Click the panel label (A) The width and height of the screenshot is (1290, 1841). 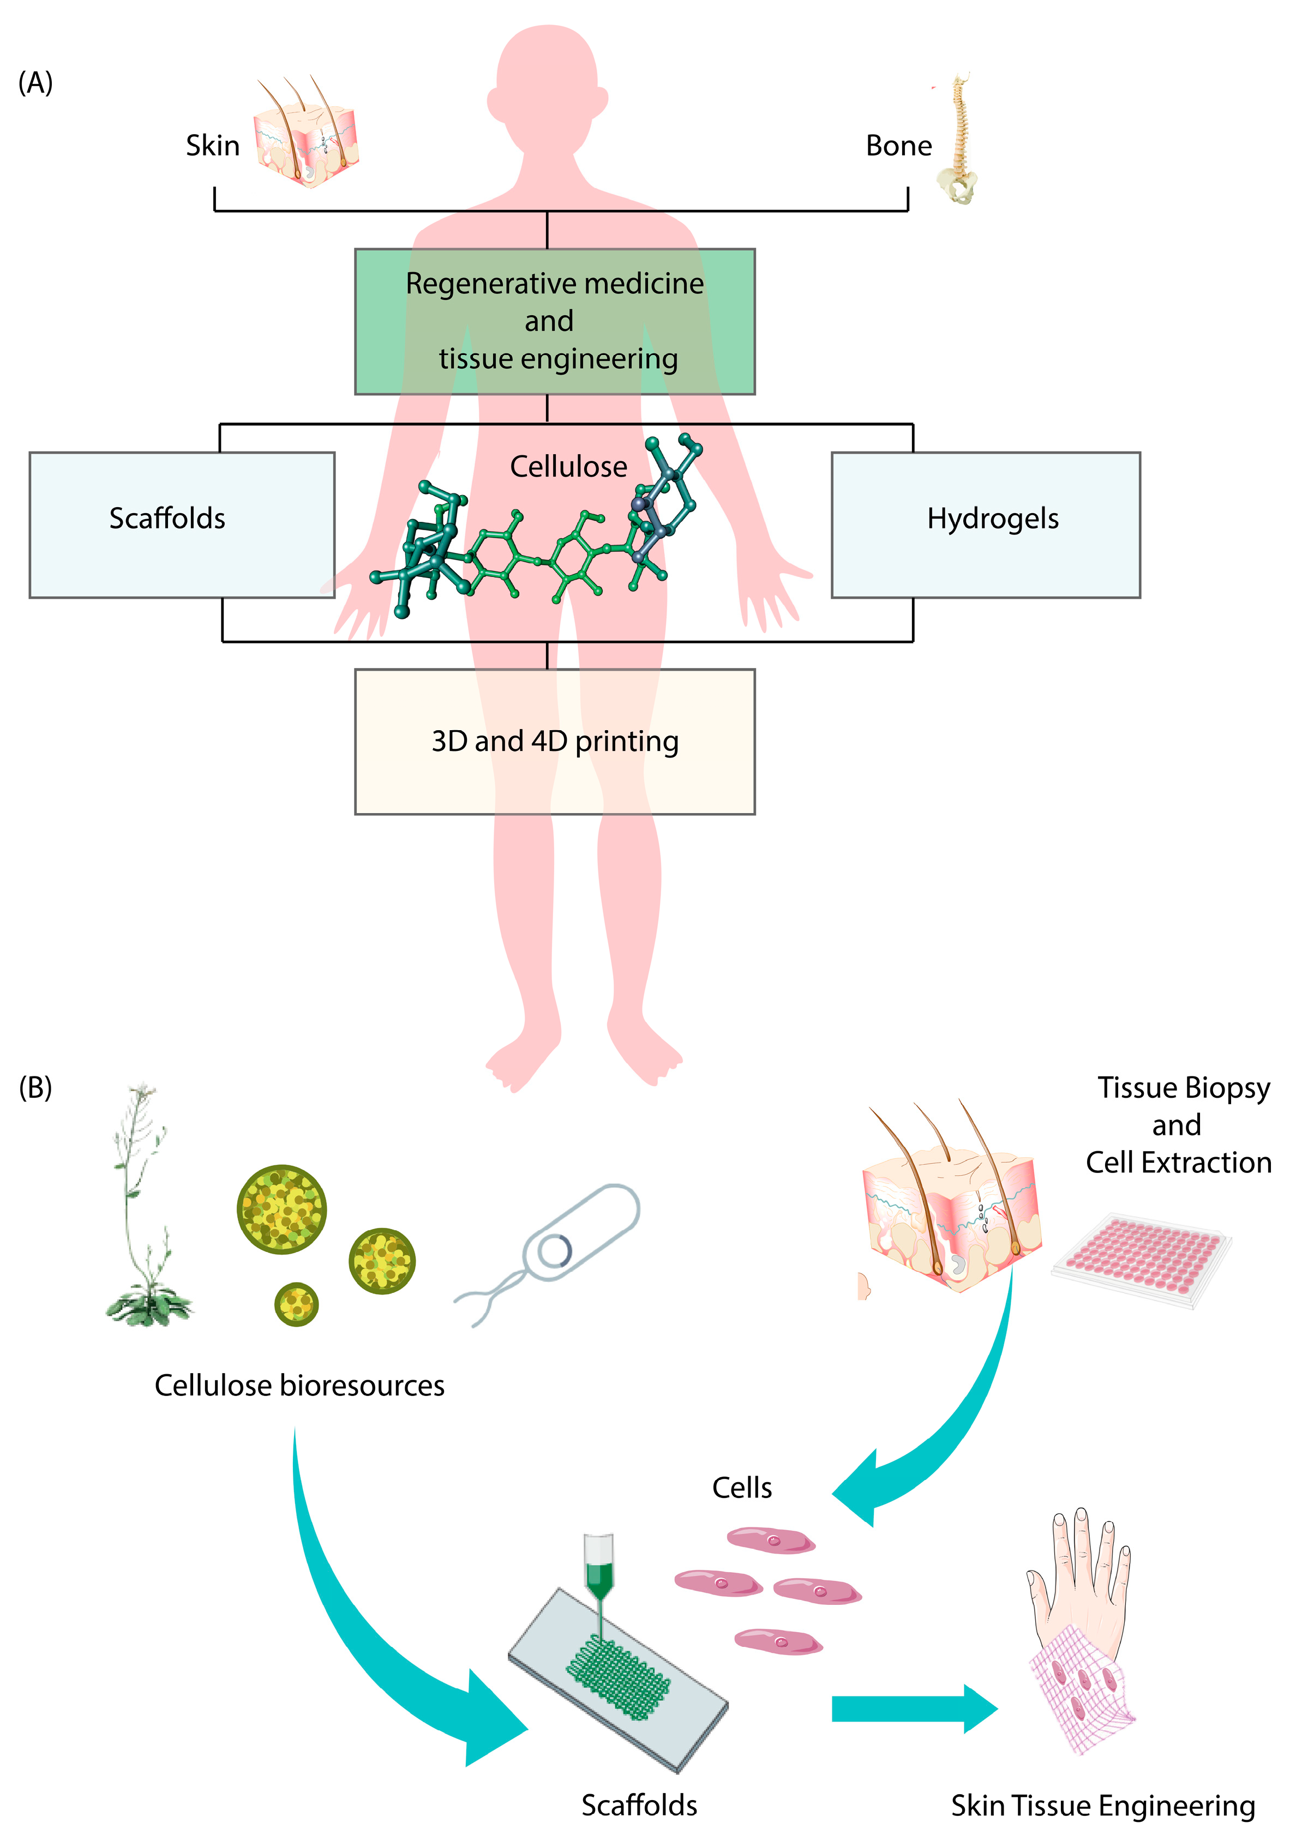(x=35, y=82)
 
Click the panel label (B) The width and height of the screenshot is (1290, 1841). (x=35, y=1087)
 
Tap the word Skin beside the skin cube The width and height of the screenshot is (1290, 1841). (x=213, y=146)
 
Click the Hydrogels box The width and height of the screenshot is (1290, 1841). (x=985, y=525)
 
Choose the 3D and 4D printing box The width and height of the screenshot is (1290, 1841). (x=554, y=742)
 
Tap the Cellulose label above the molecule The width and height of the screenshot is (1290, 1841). (x=568, y=467)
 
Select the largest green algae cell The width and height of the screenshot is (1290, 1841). (x=281, y=1208)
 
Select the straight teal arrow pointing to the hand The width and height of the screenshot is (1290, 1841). (x=913, y=1708)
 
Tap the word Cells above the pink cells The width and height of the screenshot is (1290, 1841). (x=741, y=1488)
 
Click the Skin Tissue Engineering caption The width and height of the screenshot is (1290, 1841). (x=1102, y=1806)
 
